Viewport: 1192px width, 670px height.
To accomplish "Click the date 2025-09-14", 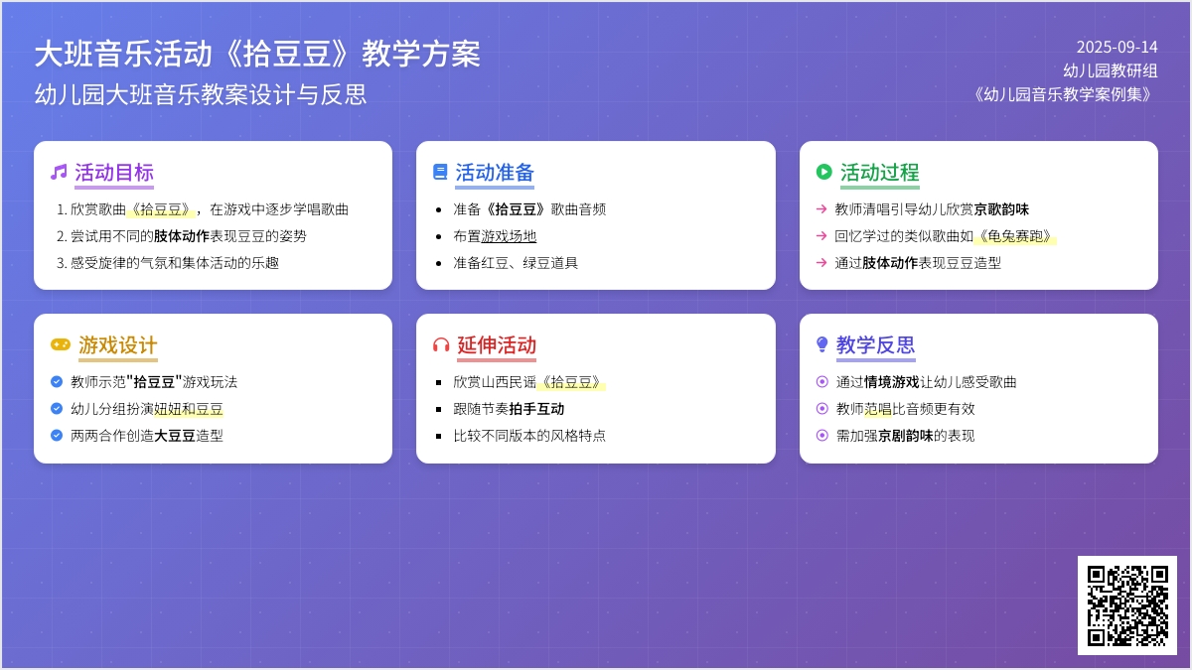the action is pos(1117,48).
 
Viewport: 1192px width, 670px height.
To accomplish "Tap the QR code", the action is pos(1127,605).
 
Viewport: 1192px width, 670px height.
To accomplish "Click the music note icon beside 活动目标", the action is pos(59,172).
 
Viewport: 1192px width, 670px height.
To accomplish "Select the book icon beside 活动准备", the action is pos(440,172).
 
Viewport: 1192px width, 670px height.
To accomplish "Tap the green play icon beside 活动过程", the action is pos(823,172).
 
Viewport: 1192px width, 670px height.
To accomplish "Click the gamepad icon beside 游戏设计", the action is pos(61,344).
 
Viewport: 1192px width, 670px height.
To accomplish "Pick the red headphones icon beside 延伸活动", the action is pos(441,344).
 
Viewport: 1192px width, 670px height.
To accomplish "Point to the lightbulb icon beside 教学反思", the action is pos(822,344).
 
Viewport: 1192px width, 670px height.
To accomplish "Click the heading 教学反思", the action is pos(875,344).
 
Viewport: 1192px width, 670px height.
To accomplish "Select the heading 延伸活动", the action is pos(497,344).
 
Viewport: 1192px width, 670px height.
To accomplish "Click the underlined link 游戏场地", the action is pos(509,236).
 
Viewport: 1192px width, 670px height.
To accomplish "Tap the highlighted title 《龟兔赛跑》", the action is pos(1015,236).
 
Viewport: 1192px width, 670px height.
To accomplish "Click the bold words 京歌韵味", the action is pos(1001,209).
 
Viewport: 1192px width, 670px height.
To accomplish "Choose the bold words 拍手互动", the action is pos(536,409).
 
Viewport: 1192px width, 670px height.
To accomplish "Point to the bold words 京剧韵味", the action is pos(905,436).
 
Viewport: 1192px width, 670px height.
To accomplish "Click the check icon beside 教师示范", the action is pos(57,382).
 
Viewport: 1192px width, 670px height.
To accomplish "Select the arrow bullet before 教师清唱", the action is pos(821,209).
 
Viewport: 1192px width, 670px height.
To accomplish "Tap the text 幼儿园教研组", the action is pos(1111,70).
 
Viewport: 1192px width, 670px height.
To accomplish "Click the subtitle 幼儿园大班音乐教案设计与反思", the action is pos(201,94).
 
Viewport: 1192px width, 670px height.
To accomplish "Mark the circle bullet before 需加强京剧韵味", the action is pos(822,436).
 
